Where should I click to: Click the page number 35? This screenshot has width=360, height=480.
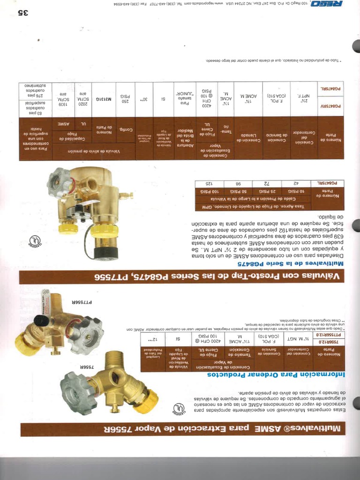click(23, 13)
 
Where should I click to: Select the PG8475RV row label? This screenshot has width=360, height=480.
click(331, 106)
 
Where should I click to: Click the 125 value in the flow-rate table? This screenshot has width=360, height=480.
click(207, 183)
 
